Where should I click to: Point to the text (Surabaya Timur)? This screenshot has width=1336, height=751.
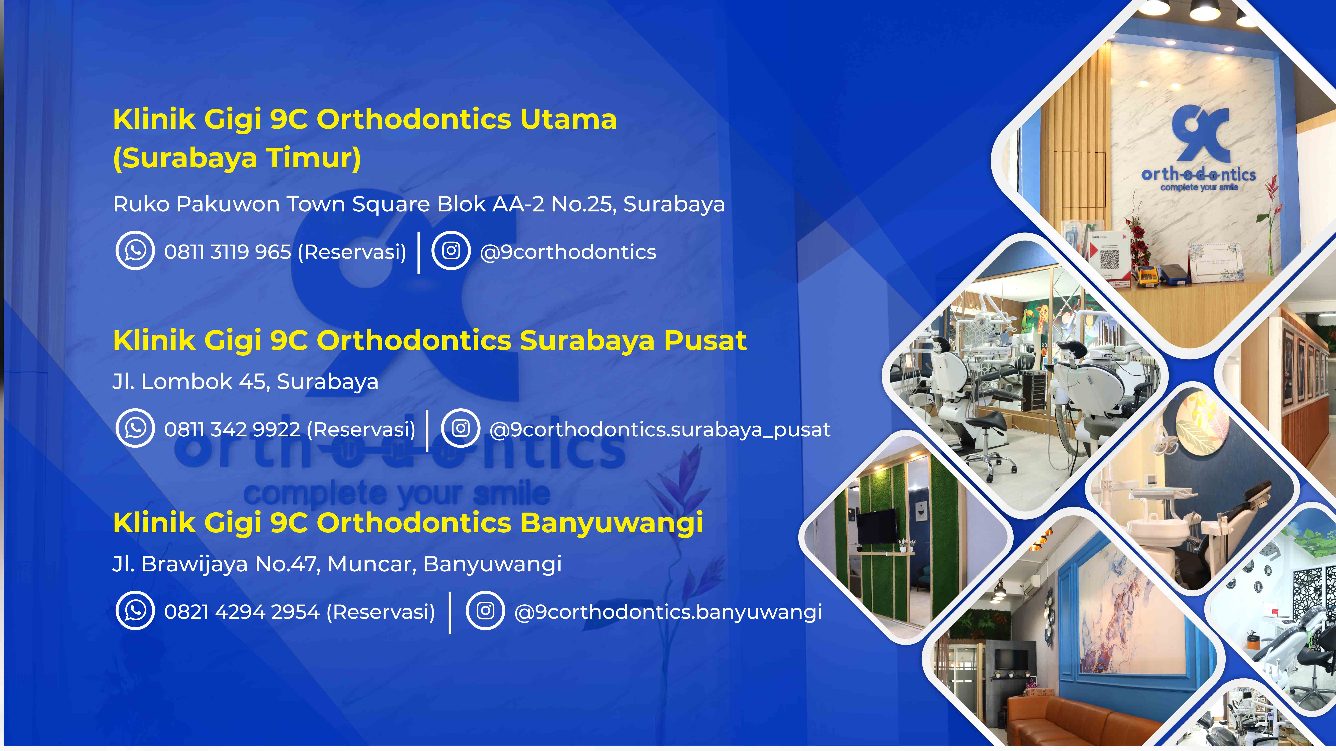pos(237,158)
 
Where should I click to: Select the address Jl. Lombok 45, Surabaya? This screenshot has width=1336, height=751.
pos(245,382)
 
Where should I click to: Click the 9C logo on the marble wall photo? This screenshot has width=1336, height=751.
pos(1200,134)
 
